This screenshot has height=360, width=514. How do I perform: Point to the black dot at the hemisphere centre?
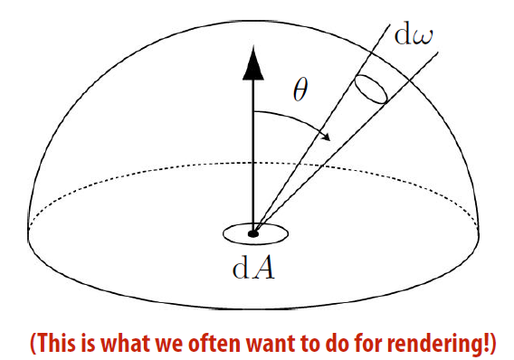(x=253, y=233)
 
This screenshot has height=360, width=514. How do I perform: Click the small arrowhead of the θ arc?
(x=325, y=135)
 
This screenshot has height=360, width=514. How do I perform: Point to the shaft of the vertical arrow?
(x=254, y=154)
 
